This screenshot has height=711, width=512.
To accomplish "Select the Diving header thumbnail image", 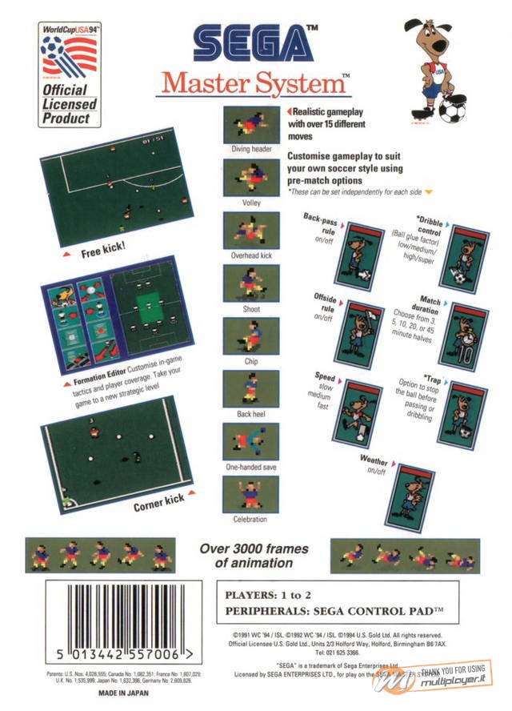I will pos(250,124).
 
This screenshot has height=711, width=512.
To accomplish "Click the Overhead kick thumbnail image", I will pos(250,230).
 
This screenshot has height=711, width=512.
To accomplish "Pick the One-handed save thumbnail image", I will pos(250,442).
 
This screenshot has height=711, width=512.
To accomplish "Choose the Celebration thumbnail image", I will pos(250,494).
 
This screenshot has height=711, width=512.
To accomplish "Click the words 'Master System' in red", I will pos(255,82).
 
